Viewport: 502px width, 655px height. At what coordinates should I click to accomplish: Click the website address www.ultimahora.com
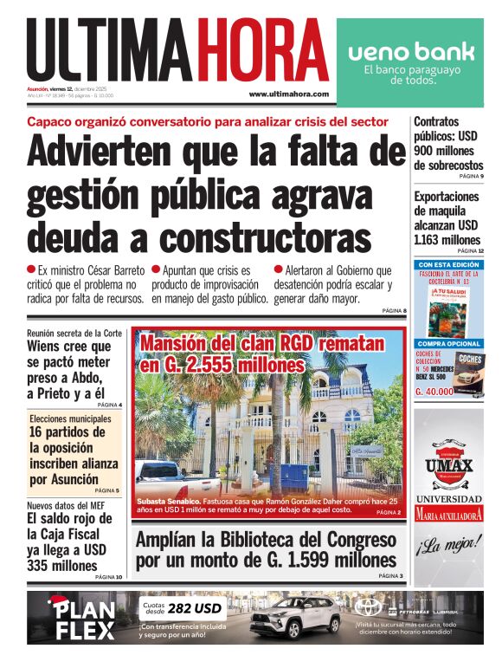click(x=288, y=94)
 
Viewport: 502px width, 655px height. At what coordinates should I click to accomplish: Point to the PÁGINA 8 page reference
click(x=393, y=310)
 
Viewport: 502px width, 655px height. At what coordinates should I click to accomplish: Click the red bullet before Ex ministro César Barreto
click(x=31, y=269)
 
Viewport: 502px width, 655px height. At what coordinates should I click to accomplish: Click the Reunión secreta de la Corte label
click(x=74, y=333)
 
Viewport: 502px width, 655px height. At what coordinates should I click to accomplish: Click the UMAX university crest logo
click(x=448, y=460)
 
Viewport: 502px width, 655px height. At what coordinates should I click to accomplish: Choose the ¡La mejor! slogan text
click(x=448, y=546)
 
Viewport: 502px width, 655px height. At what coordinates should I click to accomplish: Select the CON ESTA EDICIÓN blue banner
click(x=448, y=263)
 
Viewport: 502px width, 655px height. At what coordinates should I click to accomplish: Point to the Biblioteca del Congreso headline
click(x=265, y=549)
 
